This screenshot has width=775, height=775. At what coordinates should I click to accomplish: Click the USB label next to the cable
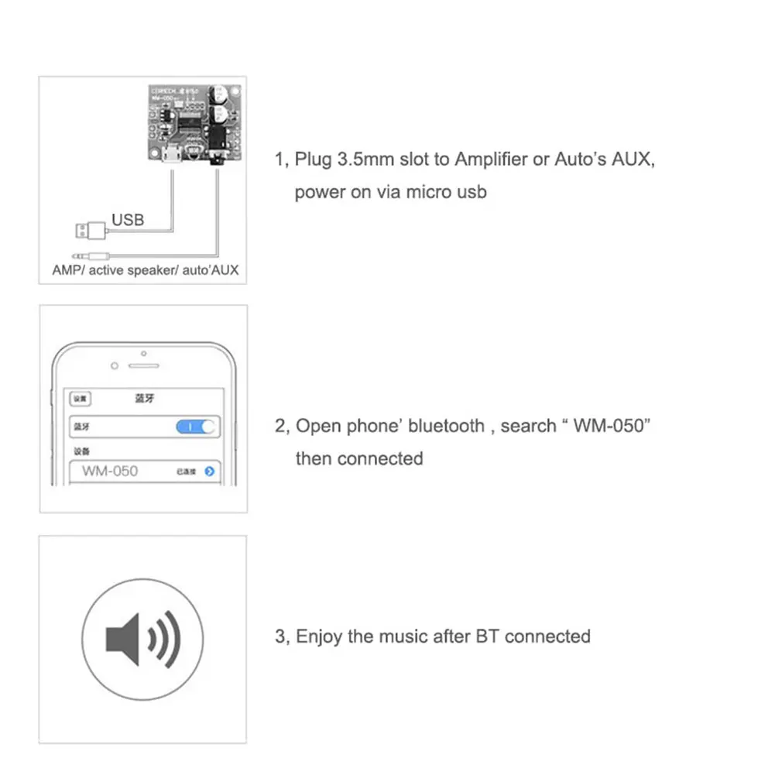click(x=128, y=220)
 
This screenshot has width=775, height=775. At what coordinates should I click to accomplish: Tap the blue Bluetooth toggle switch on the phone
click(x=197, y=427)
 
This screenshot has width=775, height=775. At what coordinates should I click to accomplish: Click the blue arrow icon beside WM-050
click(x=209, y=471)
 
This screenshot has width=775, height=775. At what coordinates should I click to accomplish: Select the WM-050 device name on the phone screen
click(x=110, y=471)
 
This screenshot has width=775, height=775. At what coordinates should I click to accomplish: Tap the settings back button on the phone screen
click(x=81, y=399)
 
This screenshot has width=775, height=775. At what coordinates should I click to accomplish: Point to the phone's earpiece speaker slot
click(x=143, y=365)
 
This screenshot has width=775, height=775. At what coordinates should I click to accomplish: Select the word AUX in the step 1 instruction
click(x=634, y=159)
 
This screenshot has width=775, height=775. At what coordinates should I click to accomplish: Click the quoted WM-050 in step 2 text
click(x=610, y=426)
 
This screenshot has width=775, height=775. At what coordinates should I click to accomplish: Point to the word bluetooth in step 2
click(x=447, y=426)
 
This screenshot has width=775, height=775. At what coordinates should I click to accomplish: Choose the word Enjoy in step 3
click(x=320, y=637)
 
